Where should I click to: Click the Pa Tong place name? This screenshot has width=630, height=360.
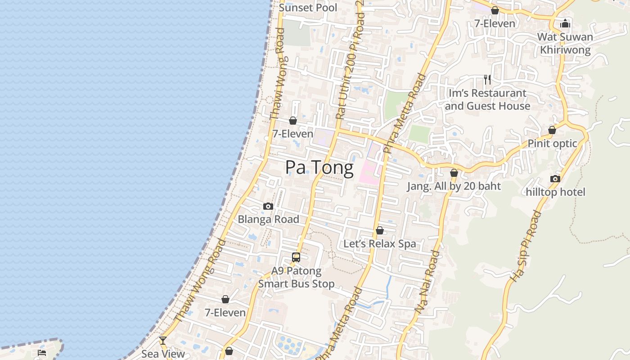(x=319, y=167)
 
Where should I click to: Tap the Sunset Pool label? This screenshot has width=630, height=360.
(x=308, y=8)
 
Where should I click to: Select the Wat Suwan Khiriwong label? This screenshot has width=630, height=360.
(x=565, y=43)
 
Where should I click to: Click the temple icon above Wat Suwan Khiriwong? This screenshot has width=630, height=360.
(x=565, y=23)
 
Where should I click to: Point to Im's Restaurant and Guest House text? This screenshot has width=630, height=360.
(x=487, y=99)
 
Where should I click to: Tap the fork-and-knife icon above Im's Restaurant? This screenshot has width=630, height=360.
(x=487, y=80)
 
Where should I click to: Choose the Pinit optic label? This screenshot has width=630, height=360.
(x=552, y=144)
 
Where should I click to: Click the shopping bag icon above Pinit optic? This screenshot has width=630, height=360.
(x=552, y=130)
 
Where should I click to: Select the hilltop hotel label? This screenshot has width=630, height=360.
(x=555, y=192)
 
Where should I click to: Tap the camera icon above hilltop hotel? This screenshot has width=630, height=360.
(x=555, y=179)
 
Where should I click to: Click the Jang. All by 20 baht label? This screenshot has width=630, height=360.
(x=454, y=186)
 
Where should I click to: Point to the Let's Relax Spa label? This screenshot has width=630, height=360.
(x=379, y=244)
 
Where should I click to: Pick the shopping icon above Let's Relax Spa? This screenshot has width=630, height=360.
(x=380, y=230)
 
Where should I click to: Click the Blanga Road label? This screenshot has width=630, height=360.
(x=268, y=220)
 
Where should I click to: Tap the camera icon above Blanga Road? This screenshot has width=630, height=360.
(x=268, y=207)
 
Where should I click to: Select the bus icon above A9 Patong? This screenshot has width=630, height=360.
(x=296, y=257)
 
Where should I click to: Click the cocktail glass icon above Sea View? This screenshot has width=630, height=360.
(x=163, y=341)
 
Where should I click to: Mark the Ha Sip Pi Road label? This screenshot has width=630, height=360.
(x=525, y=246)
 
